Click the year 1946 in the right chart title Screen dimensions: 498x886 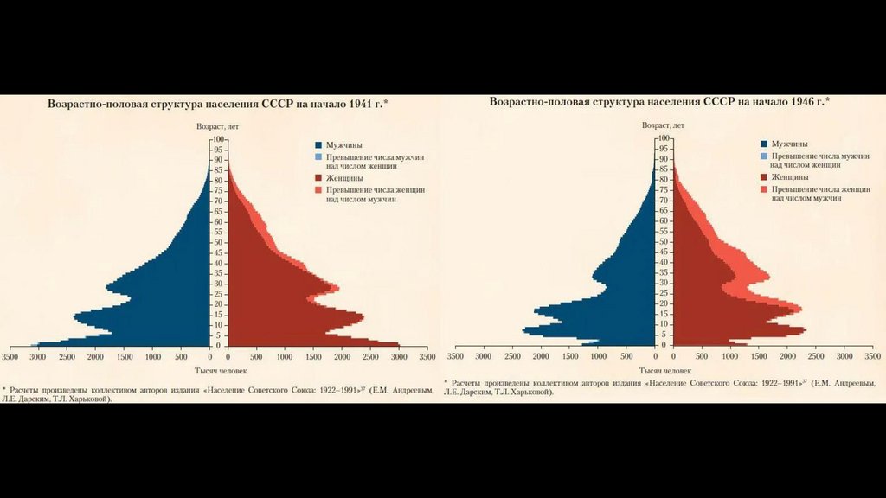pyautogui.click(x=806, y=102)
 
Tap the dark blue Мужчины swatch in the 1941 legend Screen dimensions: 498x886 pyautogui.click(x=318, y=145)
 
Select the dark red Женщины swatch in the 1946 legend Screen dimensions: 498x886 pyautogui.click(x=763, y=176)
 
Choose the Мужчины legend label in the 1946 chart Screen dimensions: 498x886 pyautogui.click(x=791, y=144)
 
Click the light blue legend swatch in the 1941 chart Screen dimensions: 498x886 pyautogui.click(x=318, y=156)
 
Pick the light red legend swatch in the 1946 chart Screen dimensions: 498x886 pyautogui.click(x=763, y=188)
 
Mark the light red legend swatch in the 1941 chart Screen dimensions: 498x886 pyautogui.click(x=318, y=188)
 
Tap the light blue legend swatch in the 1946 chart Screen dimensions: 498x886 pyautogui.click(x=763, y=155)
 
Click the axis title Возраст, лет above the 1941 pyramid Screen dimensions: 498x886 pyautogui.click(x=217, y=126)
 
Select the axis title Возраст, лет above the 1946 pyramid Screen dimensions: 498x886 pyautogui.click(x=663, y=125)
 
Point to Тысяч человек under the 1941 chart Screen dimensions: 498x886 pyautogui.click(x=217, y=371)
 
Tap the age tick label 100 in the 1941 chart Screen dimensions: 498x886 pyautogui.click(x=219, y=139)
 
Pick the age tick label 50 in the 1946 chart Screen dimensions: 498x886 pyautogui.click(x=664, y=242)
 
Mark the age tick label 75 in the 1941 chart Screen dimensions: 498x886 pyautogui.click(x=219, y=191)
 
